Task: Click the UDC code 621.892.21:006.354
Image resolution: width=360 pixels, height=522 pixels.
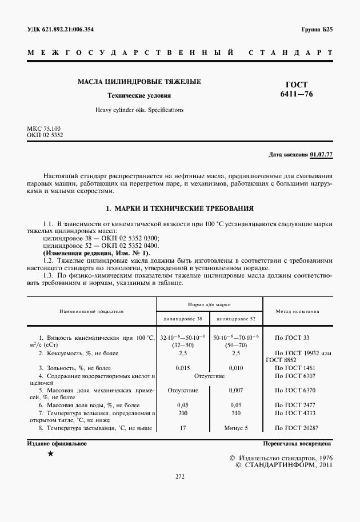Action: (x=68, y=29)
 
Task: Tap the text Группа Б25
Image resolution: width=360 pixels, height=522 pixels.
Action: (x=317, y=29)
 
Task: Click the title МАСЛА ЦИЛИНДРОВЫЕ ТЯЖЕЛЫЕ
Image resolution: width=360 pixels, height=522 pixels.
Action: (x=139, y=82)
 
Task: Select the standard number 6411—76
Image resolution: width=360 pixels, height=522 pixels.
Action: (x=297, y=94)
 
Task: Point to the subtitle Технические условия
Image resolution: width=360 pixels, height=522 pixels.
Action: (x=139, y=96)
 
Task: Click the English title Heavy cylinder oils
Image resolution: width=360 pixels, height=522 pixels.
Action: (x=139, y=109)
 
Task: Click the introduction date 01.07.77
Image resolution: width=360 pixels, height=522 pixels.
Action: (x=321, y=155)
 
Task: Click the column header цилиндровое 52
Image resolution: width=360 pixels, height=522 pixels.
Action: (x=236, y=318)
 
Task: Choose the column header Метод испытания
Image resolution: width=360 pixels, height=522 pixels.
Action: (x=298, y=312)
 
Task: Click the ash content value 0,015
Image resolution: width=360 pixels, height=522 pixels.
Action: (x=183, y=368)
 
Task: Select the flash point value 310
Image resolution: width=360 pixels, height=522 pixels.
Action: (x=236, y=412)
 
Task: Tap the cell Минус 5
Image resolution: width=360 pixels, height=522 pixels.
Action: (x=236, y=427)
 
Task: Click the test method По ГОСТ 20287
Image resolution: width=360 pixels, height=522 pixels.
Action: (x=296, y=427)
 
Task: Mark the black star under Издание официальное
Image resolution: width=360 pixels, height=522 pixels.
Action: (x=51, y=453)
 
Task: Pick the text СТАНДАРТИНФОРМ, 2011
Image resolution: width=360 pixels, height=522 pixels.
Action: (x=288, y=465)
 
